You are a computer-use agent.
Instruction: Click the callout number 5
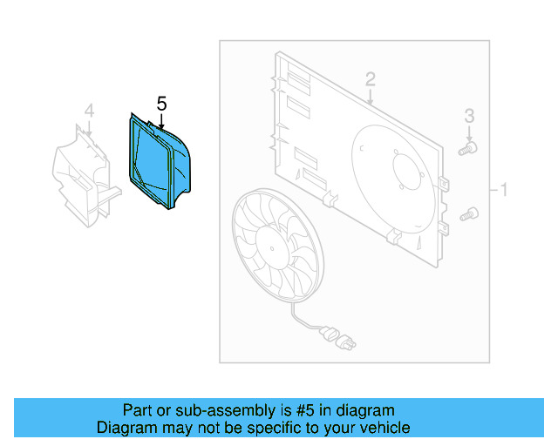click(x=161, y=103)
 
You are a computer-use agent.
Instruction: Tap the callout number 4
click(x=88, y=110)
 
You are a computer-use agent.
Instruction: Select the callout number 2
click(x=371, y=79)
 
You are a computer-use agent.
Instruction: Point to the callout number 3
click(x=469, y=115)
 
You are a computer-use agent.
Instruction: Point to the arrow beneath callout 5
click(x=161, y=122)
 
